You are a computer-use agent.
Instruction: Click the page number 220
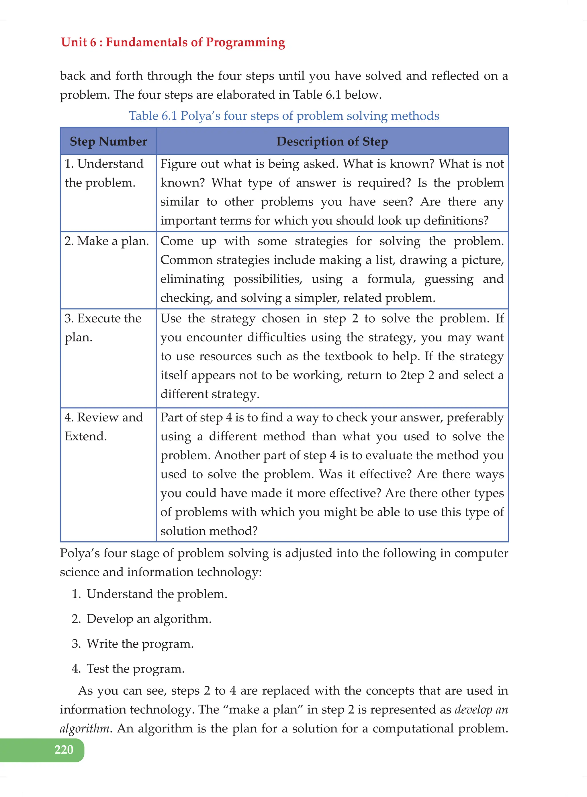[x=64, y=749]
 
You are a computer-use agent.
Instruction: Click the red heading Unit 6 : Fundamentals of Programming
[x=173, y=42]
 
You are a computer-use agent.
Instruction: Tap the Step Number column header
[x=108, y=141]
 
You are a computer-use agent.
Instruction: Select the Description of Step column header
[x=332, y=141]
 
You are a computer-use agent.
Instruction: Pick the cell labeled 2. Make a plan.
[x=107, y=241]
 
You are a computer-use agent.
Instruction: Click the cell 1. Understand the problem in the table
[x=104, y=173]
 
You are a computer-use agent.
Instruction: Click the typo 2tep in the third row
[x=412, y=376]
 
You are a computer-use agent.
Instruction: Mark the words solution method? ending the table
[x=209, y=531]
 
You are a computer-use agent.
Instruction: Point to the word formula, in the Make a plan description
[x=391, y=279]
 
